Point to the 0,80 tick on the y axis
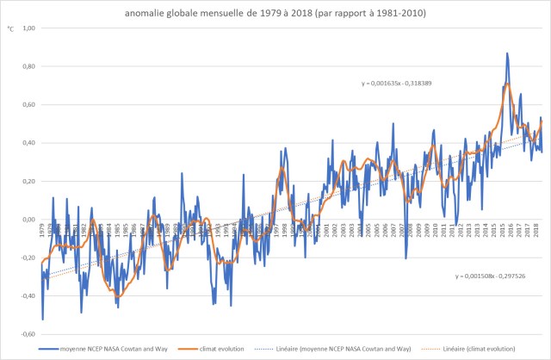pyautogui.click(x=29, y=66)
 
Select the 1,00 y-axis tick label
pyautogui.click(x=29, y=28)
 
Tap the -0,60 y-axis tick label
pyautogui.click(x=28, y=334)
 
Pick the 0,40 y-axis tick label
pyautogui.click(x=29, y=143)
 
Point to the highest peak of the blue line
pyautogui.click(x=507, y=53)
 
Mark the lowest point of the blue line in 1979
pyautogui.click(x=42, y=320)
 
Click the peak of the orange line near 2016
pyautogui.click(x=509, y=84)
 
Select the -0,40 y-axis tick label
pyautogui.click(x=28, y=296)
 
